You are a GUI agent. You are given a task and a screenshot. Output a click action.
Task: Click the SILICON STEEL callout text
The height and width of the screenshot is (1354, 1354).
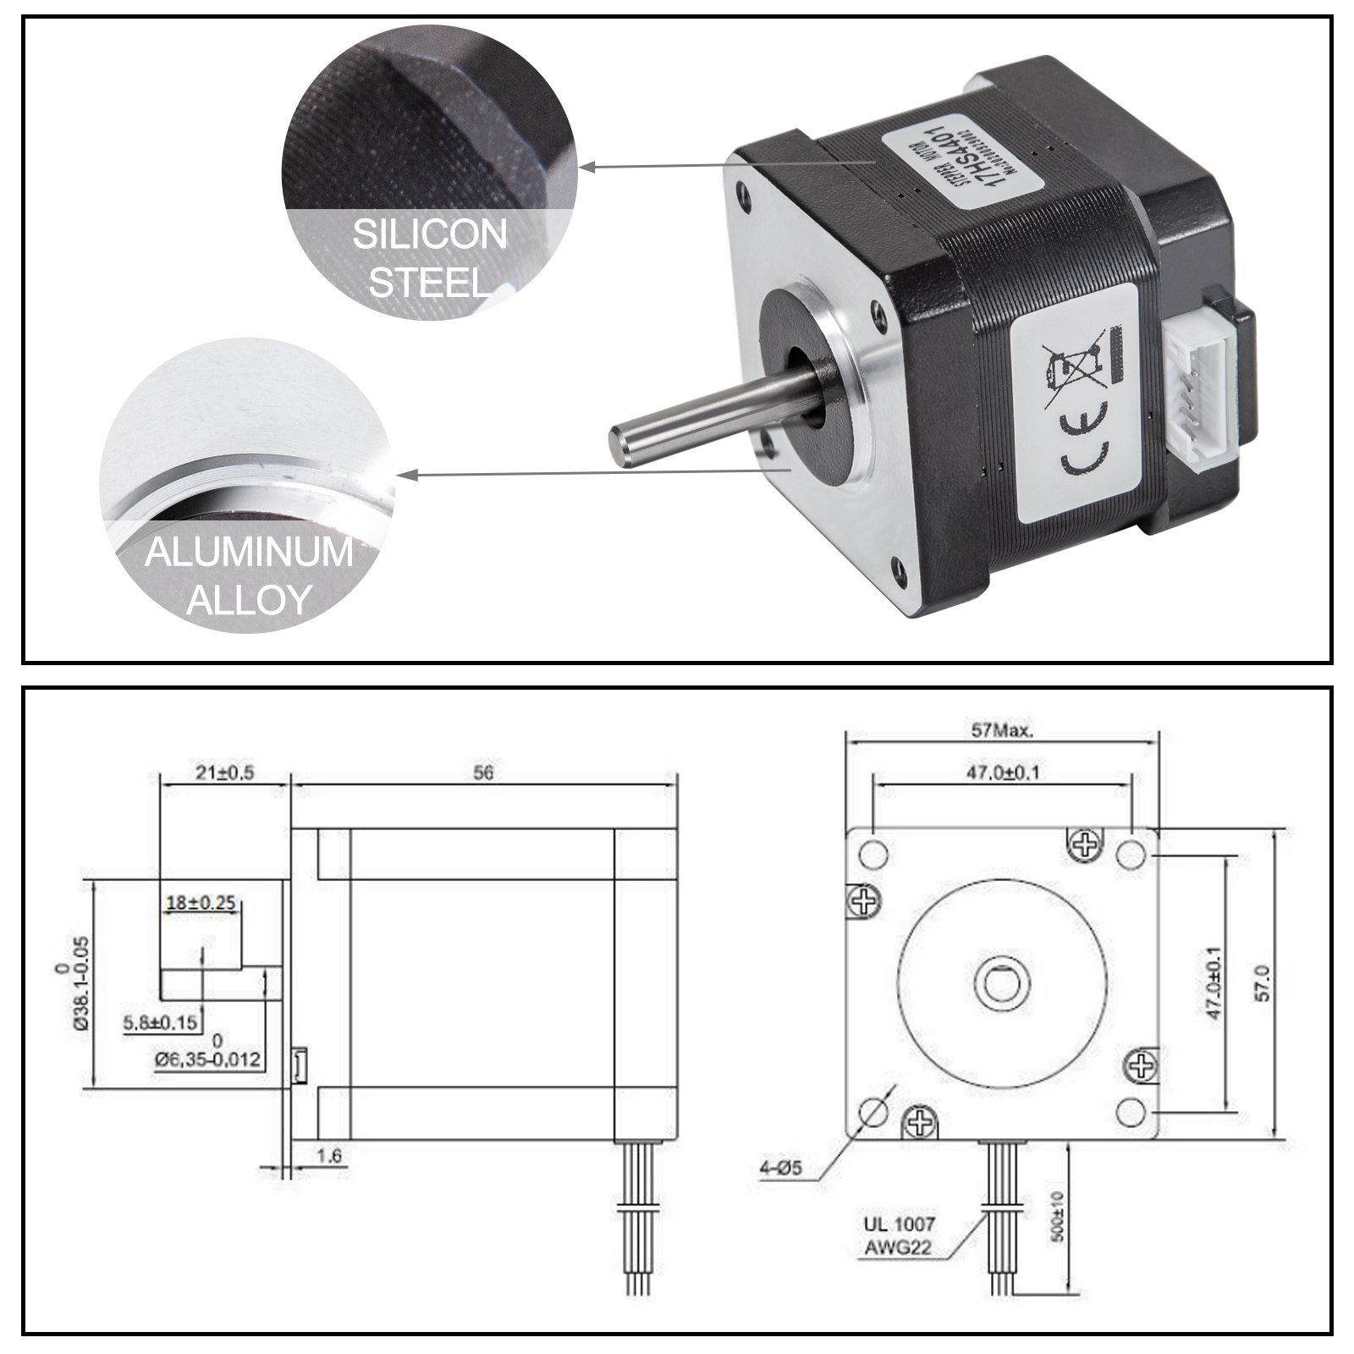429,257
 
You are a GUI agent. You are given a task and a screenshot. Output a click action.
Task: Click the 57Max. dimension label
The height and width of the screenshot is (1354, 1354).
1002,732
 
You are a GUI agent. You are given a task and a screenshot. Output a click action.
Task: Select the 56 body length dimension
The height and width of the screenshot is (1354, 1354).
483,773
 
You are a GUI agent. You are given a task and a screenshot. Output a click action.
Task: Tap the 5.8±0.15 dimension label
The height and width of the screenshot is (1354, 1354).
160,1023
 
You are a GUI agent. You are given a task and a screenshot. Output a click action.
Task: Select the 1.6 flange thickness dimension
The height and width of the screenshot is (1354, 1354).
328,1154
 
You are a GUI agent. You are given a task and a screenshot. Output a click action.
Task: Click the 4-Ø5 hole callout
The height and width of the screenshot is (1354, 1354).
780,1170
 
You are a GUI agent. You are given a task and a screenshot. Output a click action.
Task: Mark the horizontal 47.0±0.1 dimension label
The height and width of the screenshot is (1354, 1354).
1002,773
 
